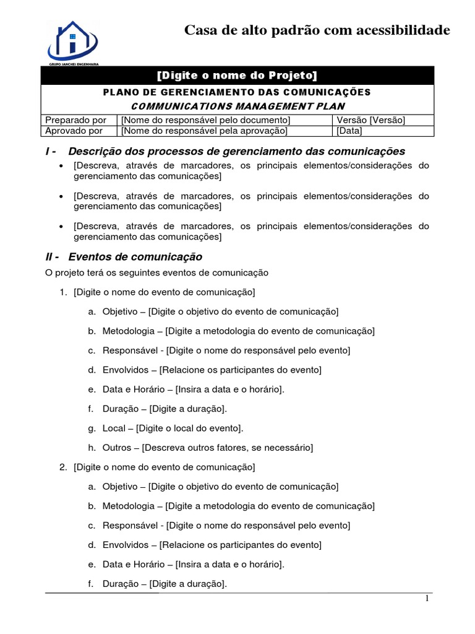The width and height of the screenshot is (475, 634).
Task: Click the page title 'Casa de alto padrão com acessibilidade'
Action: point(317,30)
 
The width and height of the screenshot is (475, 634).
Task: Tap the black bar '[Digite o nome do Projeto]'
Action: point(237,76)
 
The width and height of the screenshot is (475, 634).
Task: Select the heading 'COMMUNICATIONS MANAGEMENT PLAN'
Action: point(237,106)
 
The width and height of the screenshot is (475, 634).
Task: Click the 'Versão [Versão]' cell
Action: point(370,120)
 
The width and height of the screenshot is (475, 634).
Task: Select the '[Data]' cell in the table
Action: point(349,131)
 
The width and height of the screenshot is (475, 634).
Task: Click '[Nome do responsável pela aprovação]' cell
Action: point(205,131)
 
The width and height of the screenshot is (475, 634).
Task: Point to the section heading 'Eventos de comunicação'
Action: point(135,256)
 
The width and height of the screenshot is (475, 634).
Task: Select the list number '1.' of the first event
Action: point(63,292)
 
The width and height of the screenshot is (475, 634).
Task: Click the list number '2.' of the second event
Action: point(63,467)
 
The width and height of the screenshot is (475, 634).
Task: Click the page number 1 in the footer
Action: point(427,599)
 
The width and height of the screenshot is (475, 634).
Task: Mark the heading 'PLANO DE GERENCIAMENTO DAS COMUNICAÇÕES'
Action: point(237,92)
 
